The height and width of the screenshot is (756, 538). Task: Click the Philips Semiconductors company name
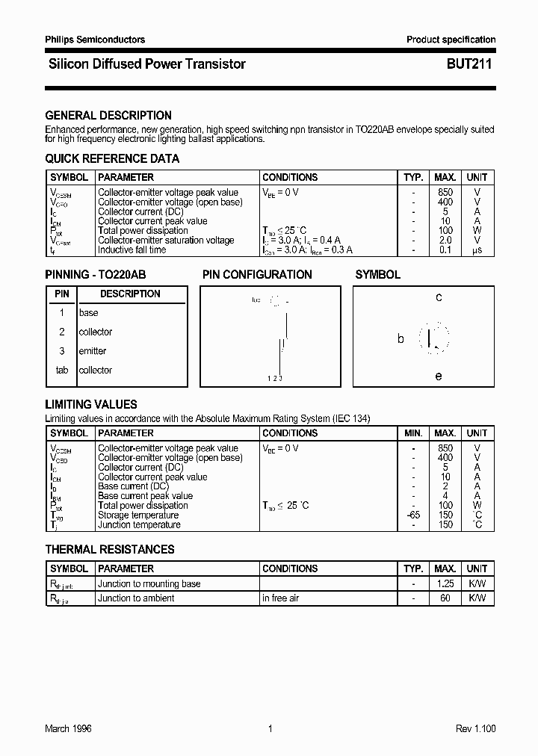coord(95,40)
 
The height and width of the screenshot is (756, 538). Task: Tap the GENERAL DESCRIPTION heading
coord(108,116)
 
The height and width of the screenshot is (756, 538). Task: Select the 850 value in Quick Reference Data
coord(445,193)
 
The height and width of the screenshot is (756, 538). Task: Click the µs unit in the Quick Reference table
coord(477,250)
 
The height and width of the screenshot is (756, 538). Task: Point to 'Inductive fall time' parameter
coord(132,250)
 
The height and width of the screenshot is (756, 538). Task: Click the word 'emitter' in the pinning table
coord(93,351)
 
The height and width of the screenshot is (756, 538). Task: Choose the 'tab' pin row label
coord(62,371)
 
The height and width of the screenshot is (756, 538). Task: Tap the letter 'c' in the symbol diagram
coord(439,297)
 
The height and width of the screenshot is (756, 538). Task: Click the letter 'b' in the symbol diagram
coord(401,339)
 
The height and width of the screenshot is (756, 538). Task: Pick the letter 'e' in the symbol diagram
coord(439,377)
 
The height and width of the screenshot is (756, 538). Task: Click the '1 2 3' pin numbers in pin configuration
coord(275,379)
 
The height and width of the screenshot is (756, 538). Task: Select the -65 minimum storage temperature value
coord(413,515)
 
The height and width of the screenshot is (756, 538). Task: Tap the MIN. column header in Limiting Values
coord(413,433)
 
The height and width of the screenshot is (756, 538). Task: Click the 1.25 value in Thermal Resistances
coord(445,584)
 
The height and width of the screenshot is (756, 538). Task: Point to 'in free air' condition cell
coord(281,598)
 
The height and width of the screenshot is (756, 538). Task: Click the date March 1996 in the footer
coord(68,729)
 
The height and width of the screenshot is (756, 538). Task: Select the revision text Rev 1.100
coord(475,729)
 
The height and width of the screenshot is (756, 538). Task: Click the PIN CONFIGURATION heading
coord(257,275)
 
